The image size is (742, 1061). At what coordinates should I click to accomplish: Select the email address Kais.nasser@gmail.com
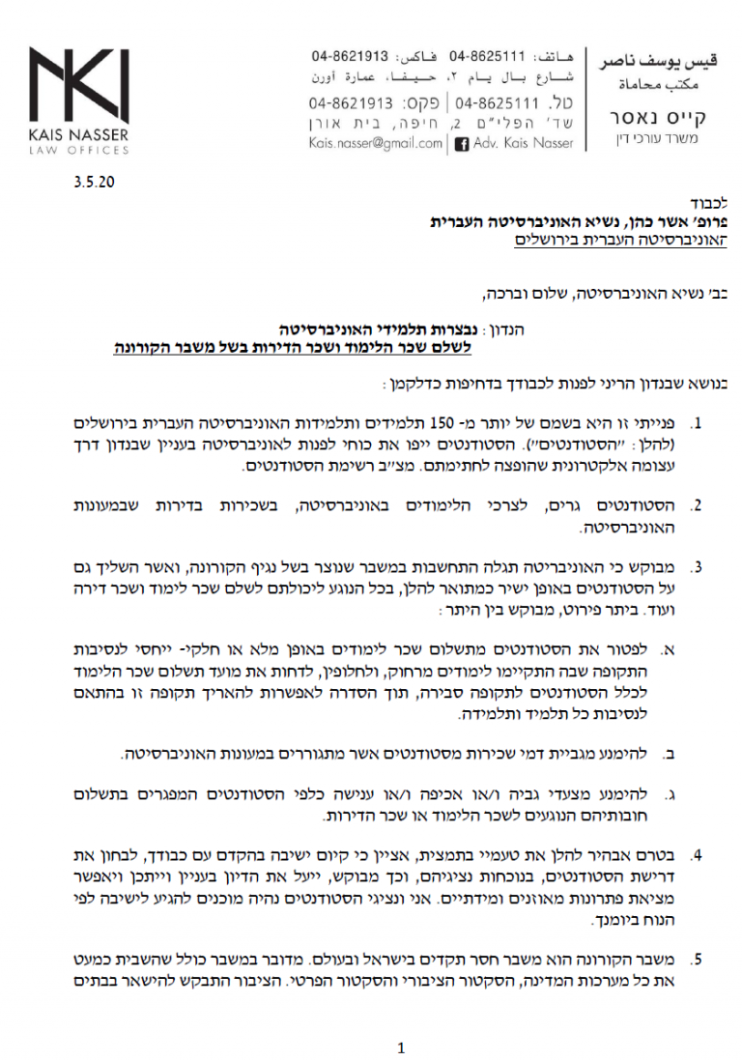click(x=375, y=143)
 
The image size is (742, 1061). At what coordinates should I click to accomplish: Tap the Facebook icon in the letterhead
click(x=461, y=143)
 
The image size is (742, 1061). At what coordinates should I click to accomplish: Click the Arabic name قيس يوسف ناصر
click(x=658, y=63)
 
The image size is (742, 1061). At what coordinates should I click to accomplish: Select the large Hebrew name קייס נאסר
click(x=658, y=119)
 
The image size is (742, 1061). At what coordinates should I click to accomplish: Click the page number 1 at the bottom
click(x=401, y=1047)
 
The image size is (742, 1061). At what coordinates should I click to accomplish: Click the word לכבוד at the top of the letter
click(x=713, y=206)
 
